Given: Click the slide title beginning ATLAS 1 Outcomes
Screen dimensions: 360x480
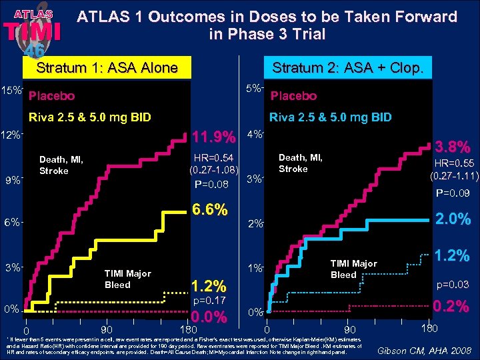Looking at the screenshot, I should click(x=267, y=25).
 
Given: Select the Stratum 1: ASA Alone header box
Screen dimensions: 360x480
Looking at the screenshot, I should click(x=107, y=67).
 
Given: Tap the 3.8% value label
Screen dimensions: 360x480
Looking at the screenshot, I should click(x=453, y=146).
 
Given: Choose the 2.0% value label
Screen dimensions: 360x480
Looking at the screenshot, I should click(x=453, y=219).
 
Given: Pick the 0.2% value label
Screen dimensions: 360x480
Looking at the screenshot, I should click(x=453, y=307).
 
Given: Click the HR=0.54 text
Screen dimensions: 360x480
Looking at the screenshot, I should click(x=213, y=157).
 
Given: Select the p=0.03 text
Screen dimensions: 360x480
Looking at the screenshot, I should click(x=453, y=285).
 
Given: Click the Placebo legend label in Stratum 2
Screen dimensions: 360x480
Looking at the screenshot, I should click(x=293, y=96).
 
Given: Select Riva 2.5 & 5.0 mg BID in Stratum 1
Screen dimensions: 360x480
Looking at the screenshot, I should click(x=89, y=117).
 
